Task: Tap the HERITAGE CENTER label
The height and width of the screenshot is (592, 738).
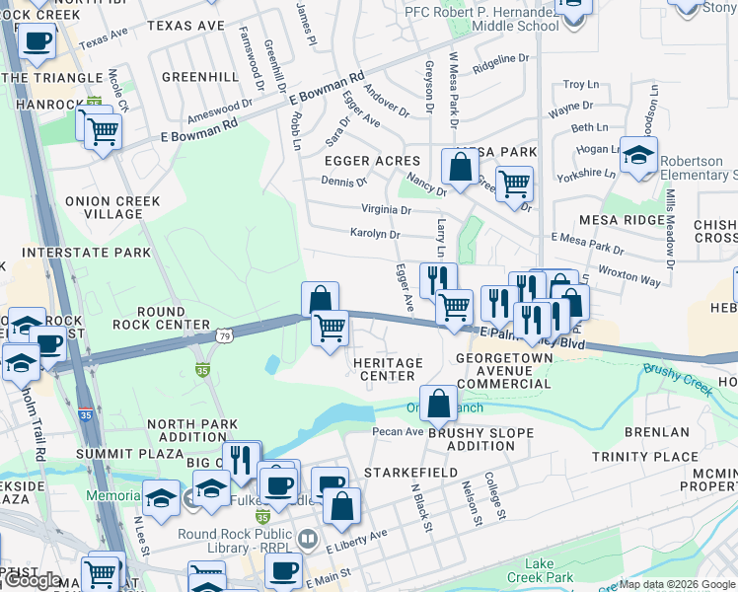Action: [x=388, y=369]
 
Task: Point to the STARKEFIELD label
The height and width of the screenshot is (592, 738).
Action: [x=410, y=474]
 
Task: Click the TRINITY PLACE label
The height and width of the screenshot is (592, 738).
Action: [x=644, y=457]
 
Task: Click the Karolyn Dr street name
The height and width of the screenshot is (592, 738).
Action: [x=374, y=234]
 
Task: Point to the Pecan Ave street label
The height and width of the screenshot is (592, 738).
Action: [x=398, y=431]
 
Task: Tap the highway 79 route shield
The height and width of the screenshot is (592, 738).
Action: [x=226, y=336]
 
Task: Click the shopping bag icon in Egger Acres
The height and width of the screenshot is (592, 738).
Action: [x=460, y=167]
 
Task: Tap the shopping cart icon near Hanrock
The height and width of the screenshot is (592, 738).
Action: [x=102, y=129]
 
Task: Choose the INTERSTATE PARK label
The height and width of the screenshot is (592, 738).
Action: [x=87, y=253]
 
